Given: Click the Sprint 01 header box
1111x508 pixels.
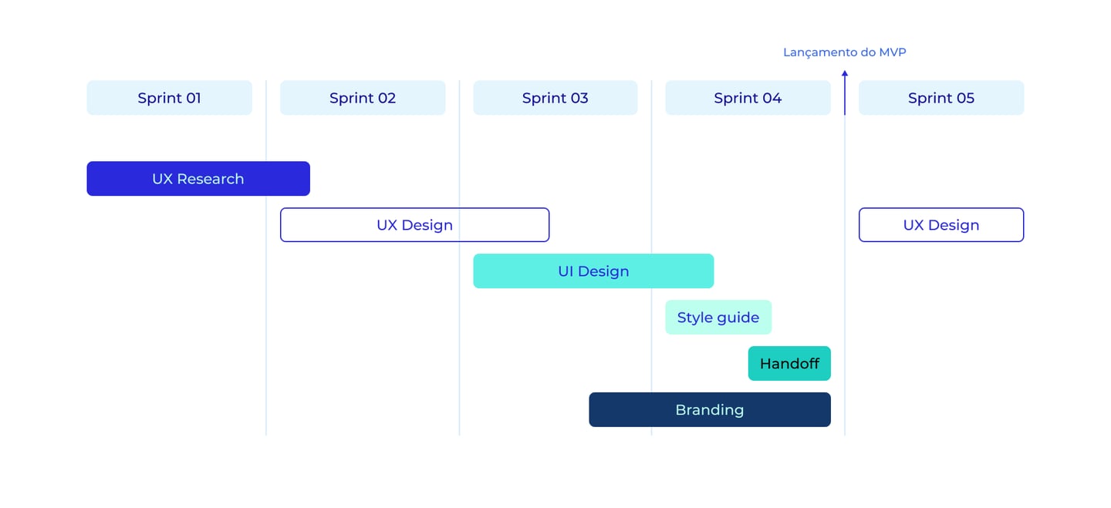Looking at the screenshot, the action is pyautogui.click(x=169, y=98).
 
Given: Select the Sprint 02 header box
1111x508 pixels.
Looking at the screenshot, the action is pyautogui.click(x=363, y=98).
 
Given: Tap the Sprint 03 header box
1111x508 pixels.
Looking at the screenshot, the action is pyautogui.click(x=555, y=98).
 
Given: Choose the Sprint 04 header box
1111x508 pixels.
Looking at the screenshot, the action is pyautogui.click(x=748, y=98).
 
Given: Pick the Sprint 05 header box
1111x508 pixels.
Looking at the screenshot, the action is pyautogui.click(x=941, y=98).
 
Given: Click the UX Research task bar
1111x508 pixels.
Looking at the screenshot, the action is pyautogui.click(x=198, y=178).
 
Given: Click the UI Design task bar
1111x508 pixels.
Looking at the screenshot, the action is pyautogui.click(x=594, y=271).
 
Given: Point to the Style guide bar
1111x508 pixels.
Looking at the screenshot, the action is pyautogui.click(x=718, y=317).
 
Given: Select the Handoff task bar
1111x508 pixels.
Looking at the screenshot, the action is pyautogui.click(x=789, y=363).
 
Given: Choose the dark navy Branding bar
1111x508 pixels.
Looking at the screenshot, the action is pyautogui.click(x=710, y=409).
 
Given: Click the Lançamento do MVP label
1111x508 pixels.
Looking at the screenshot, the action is pyautogui.click(x=845, y=52).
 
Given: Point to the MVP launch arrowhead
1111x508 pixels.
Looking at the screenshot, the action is pyautogui.click(x=845, y=73).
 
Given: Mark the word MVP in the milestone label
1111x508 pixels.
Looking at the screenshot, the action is pyautogui.click(x=893, y=52).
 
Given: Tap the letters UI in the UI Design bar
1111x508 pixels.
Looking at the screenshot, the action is pyautogui.click(x=566, y=271).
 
